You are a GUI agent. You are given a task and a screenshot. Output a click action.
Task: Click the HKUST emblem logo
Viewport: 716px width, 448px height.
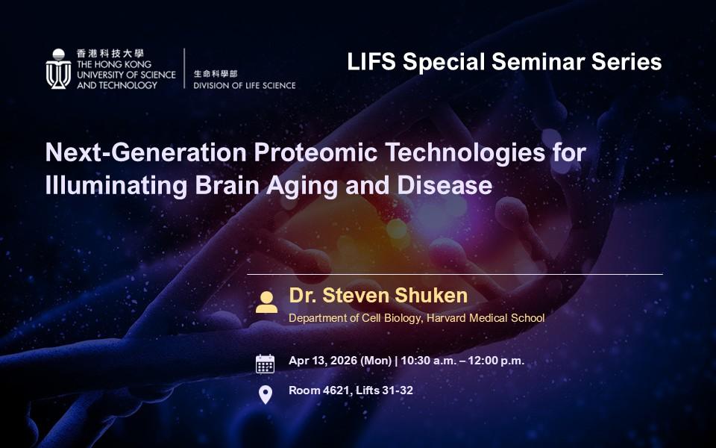pos(58,69)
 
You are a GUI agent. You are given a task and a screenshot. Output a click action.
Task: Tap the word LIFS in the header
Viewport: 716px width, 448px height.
pos(371,62)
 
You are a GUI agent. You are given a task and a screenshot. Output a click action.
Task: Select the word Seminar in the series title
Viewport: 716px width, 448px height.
pos(538,62)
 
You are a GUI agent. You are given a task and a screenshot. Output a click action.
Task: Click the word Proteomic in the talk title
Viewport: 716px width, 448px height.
pos(315,152)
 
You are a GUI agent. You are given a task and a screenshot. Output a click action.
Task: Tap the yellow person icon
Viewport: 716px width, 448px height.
pos(266,302)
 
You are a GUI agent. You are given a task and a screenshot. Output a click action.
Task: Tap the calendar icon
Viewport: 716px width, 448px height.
pos(265,364)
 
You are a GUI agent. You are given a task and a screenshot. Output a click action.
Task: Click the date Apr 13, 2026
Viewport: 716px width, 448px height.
pos(323,361)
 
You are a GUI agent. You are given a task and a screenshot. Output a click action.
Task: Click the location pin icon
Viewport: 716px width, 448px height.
pos(266,394)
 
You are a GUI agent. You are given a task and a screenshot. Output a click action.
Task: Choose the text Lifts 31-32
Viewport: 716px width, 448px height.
pos(385,391)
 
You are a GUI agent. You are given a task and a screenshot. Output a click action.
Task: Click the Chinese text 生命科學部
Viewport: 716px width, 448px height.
pos(216,74)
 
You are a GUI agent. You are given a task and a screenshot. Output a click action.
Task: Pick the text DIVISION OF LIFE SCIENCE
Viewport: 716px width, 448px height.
pos(245,85)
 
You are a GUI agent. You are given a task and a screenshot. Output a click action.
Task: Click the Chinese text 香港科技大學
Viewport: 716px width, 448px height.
pos(110,54)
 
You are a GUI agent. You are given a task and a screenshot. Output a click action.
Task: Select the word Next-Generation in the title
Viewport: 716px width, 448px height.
pos(146,152)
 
